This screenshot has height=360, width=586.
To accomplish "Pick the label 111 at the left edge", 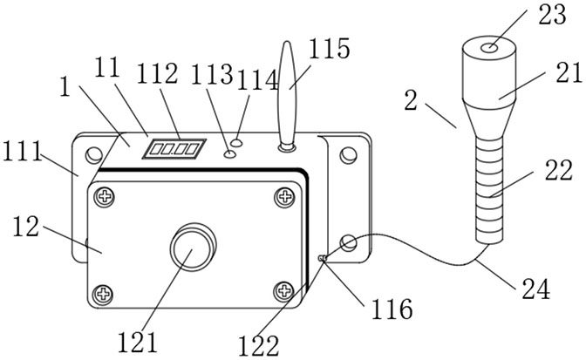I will point(24,153).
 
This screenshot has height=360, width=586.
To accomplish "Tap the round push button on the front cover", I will point(193,249).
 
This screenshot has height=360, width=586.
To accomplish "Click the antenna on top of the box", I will point(288,96).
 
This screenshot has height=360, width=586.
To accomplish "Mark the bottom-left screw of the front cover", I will point(106,292).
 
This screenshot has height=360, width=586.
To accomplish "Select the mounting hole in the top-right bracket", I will point(349,156).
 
